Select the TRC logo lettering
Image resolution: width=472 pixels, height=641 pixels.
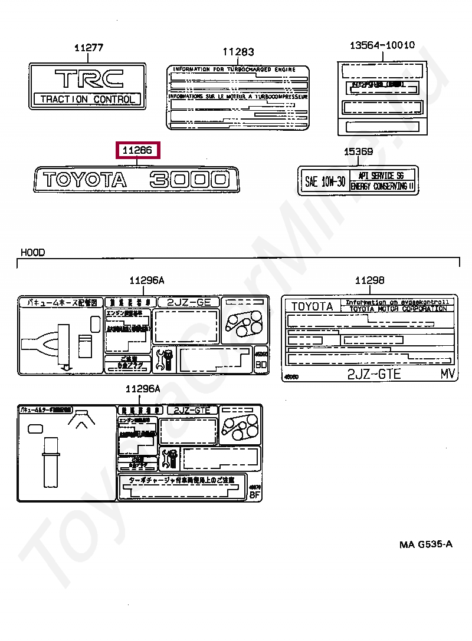coord(88,78)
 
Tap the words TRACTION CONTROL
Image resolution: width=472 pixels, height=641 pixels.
coord(87,99)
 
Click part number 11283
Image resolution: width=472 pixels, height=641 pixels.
coord(238,52)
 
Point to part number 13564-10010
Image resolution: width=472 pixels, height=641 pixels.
coord(382,45)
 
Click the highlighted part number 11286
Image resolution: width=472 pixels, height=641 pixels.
coord(137,151)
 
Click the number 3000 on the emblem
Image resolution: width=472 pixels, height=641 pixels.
coord(189,180)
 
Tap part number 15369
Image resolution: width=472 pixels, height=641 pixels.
coord(358,152)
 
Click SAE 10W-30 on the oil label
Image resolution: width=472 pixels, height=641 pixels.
coord(325,181)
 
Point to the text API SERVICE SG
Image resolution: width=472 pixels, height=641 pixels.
coord(383,176)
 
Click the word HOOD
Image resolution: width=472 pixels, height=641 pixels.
coord(33,252)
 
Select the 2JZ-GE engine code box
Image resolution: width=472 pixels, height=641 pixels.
coord(188,302)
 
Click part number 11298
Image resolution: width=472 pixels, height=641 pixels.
coord(369,281)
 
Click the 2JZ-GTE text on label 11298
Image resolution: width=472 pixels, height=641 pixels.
coord(374,374)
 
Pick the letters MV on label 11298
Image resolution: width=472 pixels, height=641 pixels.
coord(448,374)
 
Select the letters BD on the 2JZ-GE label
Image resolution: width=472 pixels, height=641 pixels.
coord(261,365)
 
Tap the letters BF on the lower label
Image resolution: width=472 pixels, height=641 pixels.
coord(255,495)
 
